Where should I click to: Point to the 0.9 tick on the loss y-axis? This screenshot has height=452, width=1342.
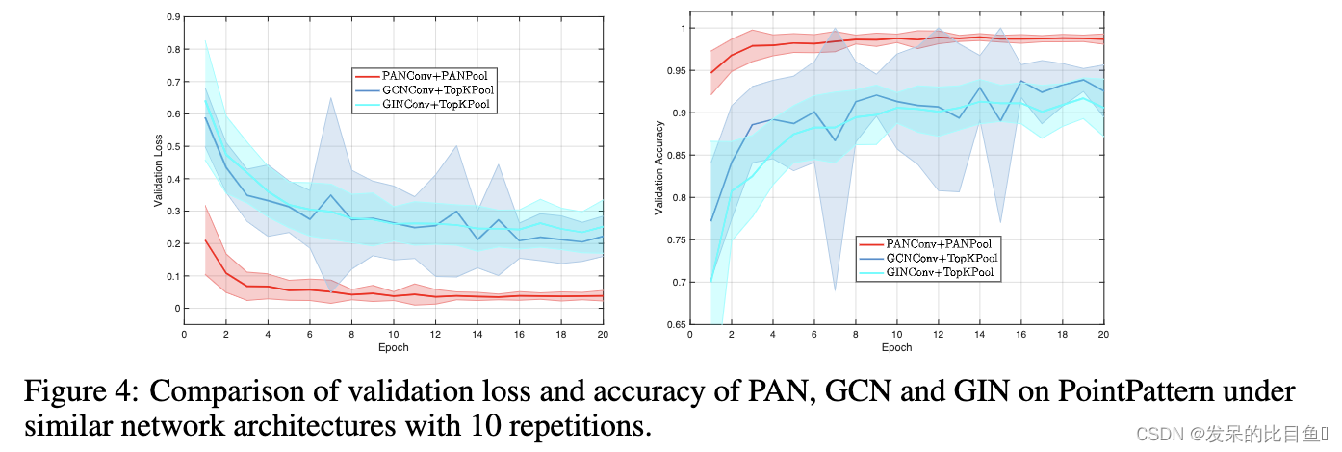pos(172,17)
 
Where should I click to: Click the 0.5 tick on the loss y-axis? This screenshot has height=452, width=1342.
pos(172,147)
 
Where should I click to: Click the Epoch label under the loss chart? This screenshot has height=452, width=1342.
pos(393,347)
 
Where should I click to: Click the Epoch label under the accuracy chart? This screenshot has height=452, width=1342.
pos(896,347)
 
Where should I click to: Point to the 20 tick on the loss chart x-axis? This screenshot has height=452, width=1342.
pos(602,335)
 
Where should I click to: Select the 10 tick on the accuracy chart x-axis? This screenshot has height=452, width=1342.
pos(896,335)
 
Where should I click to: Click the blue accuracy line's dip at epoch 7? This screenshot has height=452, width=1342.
pos(835,140)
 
